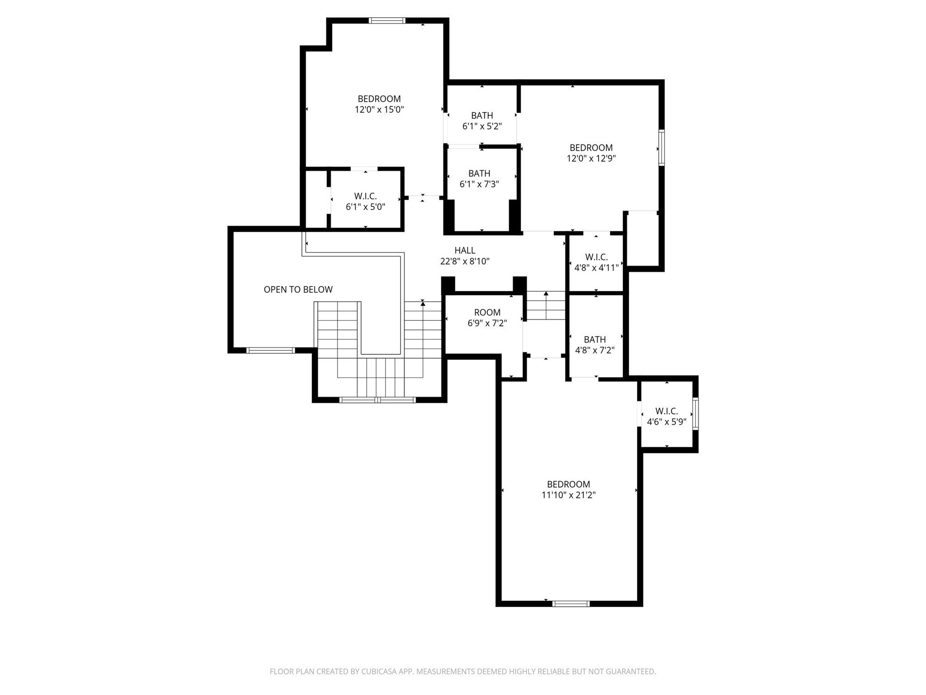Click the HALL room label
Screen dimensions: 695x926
[x=465, y=250]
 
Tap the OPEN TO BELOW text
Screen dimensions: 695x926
[x=298, y=290]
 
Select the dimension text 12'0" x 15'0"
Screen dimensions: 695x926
[x=379, y=109]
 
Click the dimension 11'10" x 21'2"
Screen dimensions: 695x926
[x=568, y=495]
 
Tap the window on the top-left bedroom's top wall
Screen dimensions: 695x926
[x=387, y=20]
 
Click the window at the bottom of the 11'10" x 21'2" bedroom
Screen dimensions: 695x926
[x=571, y=603]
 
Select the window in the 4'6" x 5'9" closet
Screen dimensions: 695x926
[x=695, y=414]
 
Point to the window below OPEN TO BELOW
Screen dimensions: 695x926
[x=270, y=350]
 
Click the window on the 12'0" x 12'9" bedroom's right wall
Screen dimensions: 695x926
[x=661, y=148]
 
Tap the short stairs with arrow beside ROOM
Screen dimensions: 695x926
[x=546, y=306]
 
